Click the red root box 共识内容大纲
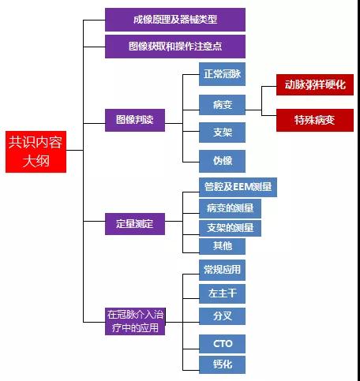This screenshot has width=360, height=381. pyautogui.click(x=36, y=151)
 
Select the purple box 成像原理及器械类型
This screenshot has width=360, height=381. pyautogui.click(x=175, y=20)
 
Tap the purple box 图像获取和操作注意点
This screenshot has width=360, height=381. pyautogui.click(x=175, y=47)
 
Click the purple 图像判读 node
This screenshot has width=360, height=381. pyautogui.click(x=135, y=120)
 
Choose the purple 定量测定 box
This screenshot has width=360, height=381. pyautogui.click(x=135, y=224)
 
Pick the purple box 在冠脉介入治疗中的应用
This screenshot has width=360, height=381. pyautogui.click(x=135, y=321)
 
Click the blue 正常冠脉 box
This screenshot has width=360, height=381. pyautogui.click(x=222, y=74)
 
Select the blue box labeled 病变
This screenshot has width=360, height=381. pyautogui.click(x=222, y=105)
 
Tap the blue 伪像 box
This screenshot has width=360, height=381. pyautogui.click(x=222, y=161)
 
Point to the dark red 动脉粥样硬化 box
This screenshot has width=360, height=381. pyautogui.click(x=315, y=84)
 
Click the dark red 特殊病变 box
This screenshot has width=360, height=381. pyautogui.click(x=315, y=120)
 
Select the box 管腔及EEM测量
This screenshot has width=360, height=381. pyautogui.click(x=238, y=187)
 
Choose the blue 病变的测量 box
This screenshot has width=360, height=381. pyautogui.click(x=230, y=208)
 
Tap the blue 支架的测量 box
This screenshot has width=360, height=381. pyautogui.click(x=230, y=228)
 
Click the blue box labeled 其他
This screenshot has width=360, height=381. pyautogui.click(x=222, y=246)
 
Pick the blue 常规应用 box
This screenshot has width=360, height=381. pyautogui.click(x=222, y=270)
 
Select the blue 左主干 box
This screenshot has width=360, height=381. pyautogui.click(x=222, y=293)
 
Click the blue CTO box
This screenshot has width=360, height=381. pyautogui.click(x=222, y=344)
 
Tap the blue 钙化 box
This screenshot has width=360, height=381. pyautogui.click(x=222, y=364)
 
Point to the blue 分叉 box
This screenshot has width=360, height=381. pyautogui.click(x=222, y=316)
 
